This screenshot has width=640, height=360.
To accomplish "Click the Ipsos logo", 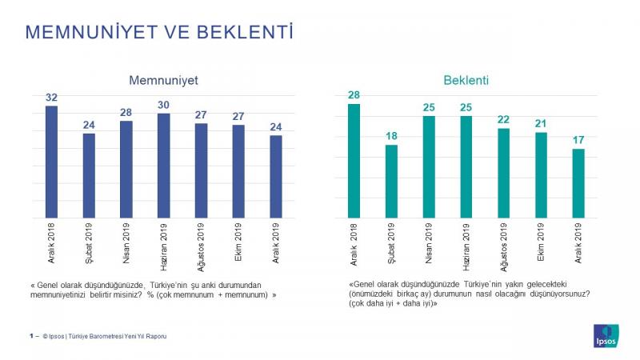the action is pyautogui.click(x=606, y=336).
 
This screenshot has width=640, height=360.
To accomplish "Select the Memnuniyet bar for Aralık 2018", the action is pyautogui.click(x=51, y=162).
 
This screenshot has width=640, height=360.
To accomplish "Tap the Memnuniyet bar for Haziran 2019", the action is pyautogui.click(x=164, y=166).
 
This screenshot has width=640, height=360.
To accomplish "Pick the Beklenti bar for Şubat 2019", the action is pyautogui.click(x=391, y=182).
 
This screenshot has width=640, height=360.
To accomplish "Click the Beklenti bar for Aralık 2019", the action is pyautogui.click(x=578, y=183).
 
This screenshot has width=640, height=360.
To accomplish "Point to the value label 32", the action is pyautogui.click(x=51, y=98).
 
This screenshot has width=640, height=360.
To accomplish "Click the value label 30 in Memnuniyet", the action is pyautogui.click(x=164, y=105).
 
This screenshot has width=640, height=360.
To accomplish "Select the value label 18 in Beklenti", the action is pyautogui.click(x=391, y=136).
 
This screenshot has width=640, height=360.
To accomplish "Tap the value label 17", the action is pyautogui.click(x=578, y=140).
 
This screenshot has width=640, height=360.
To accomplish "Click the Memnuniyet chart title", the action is pyautogui.click(x=164, y=80).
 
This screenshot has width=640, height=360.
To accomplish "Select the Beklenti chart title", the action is pyautogui.click(x=466, y=80).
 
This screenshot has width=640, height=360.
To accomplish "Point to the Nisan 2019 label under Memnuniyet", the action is pyautogui.click(x=126, y=243).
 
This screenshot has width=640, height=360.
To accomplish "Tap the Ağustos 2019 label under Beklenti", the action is pyautogui.click(x=504, y=247).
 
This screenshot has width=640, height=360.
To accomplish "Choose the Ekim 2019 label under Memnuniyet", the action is pyautogui.click(x=238, y=242).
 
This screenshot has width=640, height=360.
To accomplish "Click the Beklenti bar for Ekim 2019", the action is pyautogui.click(x=541, y=175).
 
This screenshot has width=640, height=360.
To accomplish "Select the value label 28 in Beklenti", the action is pyautogui.click(x=354, y=95).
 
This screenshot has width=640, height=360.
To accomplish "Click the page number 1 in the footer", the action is pyautogui.click(x=31, y=336).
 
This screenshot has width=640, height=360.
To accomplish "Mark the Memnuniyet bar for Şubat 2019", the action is pyautogui.click(x=89, y=175).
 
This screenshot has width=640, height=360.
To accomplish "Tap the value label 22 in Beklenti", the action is pyautogui.click(x=504, y=119).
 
